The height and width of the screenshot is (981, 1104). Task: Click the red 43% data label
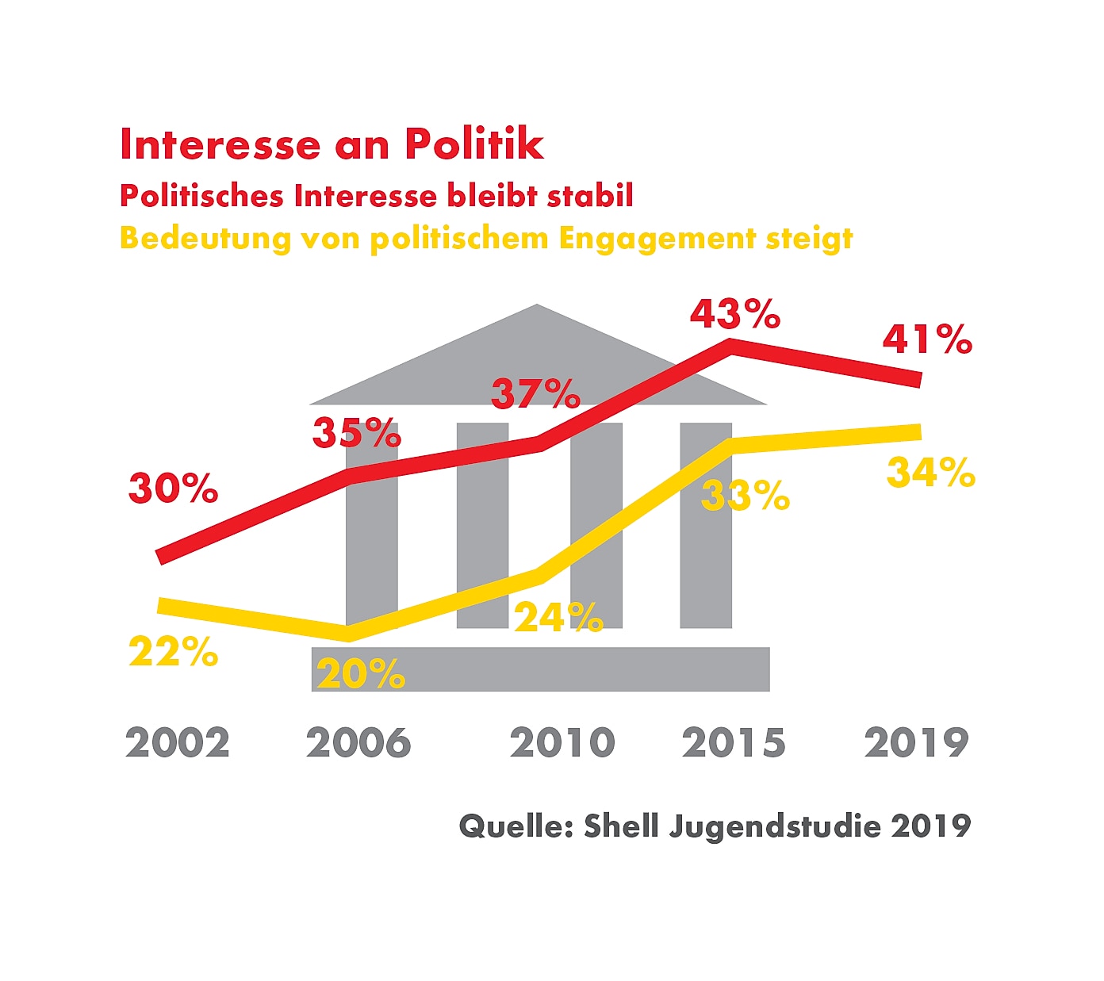point(735,314)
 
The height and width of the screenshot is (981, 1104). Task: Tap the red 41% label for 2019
point(927,339)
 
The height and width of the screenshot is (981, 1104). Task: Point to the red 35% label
point(357,433)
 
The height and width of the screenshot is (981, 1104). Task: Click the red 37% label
point(536,393)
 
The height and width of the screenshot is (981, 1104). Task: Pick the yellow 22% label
point(173,652)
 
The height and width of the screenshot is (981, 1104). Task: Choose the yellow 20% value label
point(361,674)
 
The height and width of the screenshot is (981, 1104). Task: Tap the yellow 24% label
point(558,617)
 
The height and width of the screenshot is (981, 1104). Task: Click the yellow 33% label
point(746,496)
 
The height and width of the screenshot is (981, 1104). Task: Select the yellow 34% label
point(931,473)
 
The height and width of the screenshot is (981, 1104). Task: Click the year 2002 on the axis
point(178,743)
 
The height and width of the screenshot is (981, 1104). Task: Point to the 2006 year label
point(358,743)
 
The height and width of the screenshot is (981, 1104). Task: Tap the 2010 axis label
point(562,743)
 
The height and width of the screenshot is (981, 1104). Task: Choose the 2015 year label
point(734,743)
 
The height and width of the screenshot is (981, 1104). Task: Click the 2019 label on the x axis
point(917,743)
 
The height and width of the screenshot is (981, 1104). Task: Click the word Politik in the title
point(474,144)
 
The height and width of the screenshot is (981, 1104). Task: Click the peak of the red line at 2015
point(730,346)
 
